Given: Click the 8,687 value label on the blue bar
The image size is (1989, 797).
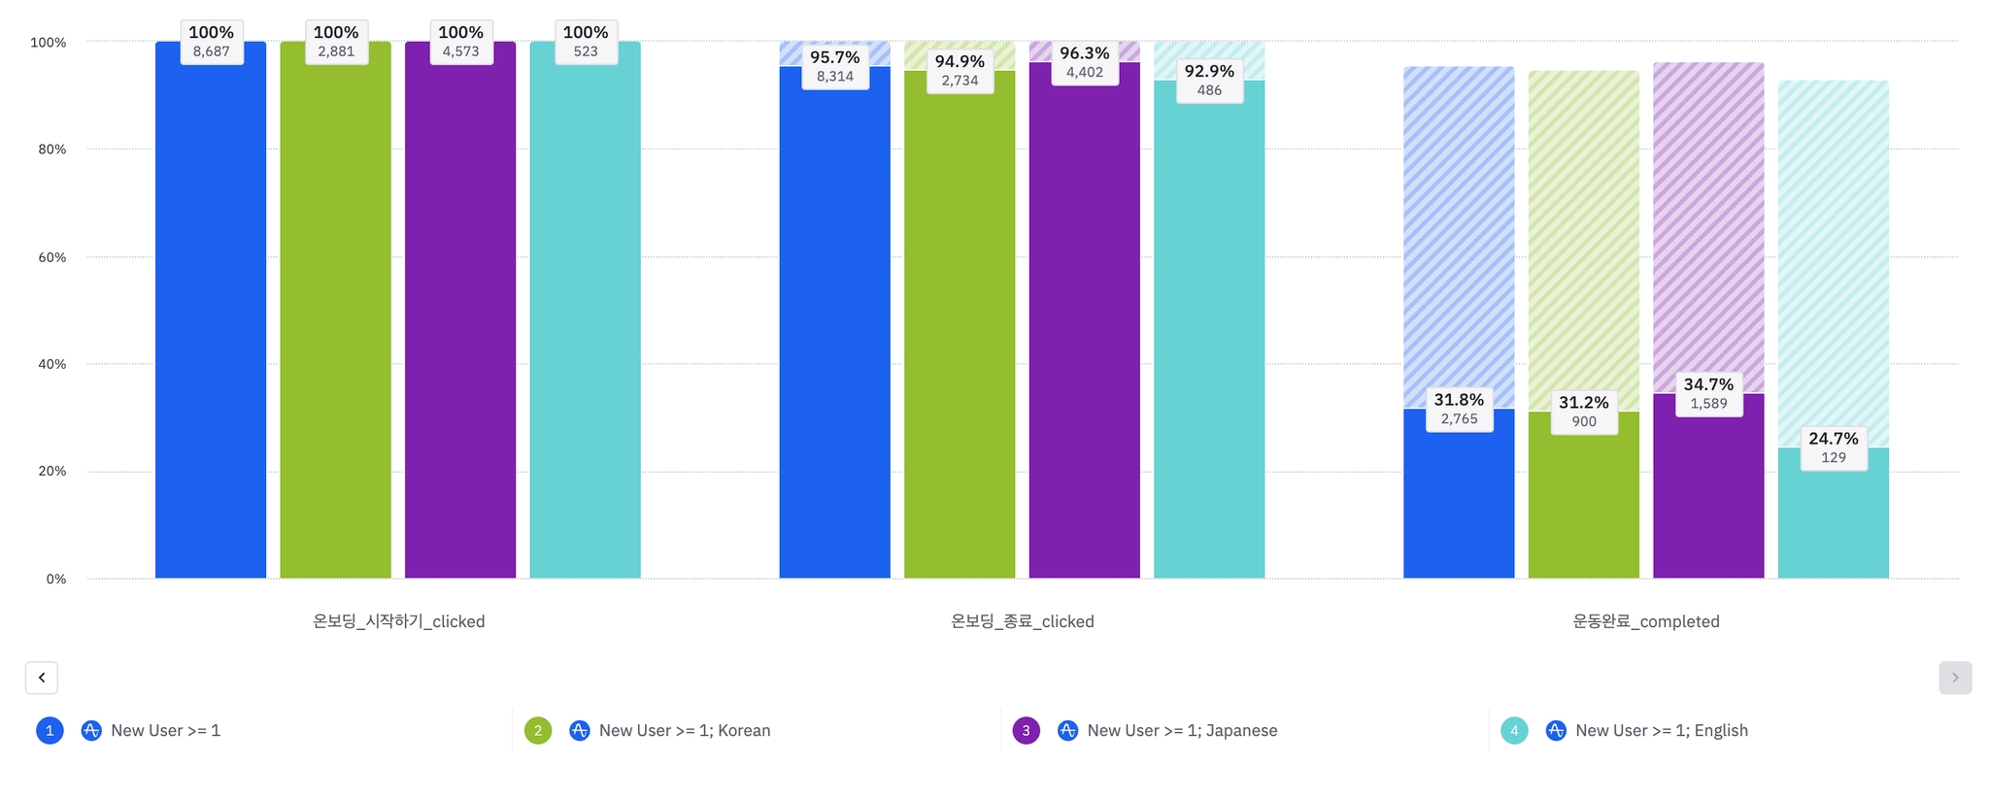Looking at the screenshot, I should pyautogui.click(x=211, y=51).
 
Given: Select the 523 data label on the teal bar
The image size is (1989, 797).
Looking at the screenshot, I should pyautogui.click(x=586, y=51).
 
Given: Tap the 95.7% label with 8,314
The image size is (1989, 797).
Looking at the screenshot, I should pyautogui.click(x=834, y=67).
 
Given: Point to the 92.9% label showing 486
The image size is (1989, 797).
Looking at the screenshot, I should pyautogui.click(x=1209, y=81).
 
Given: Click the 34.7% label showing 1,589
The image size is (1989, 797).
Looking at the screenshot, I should pyautogui.click(x=1708, y=394).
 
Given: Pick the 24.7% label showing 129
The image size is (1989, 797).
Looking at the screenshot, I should pyautogui.click(x=1833, y=448).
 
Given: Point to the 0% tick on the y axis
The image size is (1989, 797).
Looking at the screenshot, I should pyautogui.click(x=56, y=580).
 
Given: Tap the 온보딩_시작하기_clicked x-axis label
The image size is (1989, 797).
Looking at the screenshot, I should pyautogui.click(x=398, y=621).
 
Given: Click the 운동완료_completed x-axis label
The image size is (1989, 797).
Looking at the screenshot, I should pyautogui.click(x=1645, y=621).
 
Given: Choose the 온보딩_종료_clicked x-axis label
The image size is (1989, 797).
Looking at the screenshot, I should pyautogui.click(x=1022, y=621).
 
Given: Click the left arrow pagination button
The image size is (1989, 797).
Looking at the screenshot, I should pyautogui.click(x=42, y=678).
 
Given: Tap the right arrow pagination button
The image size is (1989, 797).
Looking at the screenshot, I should pyautogui.click(x=1955, y=678).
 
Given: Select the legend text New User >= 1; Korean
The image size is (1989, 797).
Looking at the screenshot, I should pyautogui.click(x=684, y=731).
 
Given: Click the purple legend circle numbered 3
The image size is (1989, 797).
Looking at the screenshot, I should pyautogui.click(x=1026, y=731).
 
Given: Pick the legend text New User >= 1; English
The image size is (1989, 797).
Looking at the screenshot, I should pyautogui.click(x=1661, y=731).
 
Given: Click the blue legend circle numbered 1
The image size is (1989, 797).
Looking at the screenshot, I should pyautogui.click(x=50, y=731).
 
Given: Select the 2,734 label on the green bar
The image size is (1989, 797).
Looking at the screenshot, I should pyautogui.click(x=960, y=81).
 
